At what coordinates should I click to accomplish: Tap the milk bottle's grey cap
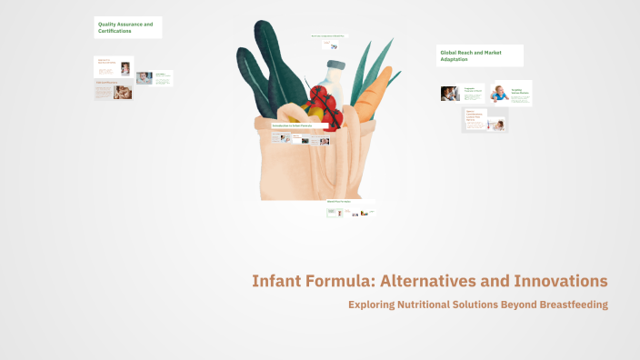pos(335,65)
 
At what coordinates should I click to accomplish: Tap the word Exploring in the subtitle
pos(372,305)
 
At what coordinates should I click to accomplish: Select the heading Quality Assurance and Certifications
pos(126,26)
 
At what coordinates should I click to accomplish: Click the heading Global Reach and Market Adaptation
pos(479,56)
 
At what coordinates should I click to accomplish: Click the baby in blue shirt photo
pos(499,92)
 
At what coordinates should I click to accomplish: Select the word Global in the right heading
pos(449,53)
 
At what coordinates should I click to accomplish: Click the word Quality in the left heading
pos(108,23)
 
